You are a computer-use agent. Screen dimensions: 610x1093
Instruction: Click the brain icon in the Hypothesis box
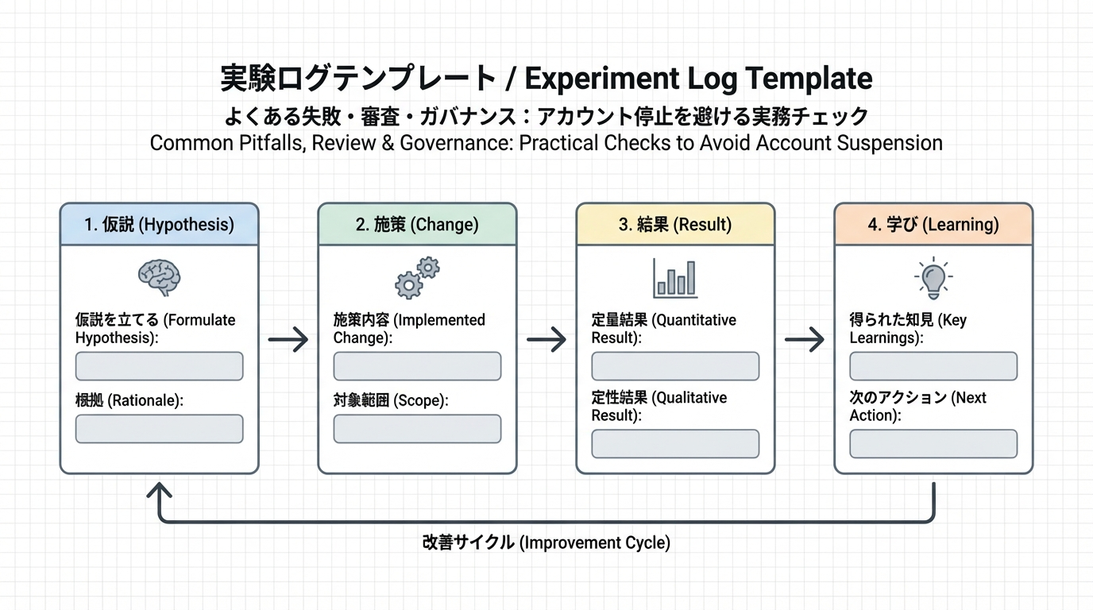coord(159,277)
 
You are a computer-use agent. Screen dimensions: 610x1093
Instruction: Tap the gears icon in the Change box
coord(418,277)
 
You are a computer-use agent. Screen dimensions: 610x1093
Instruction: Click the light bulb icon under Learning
coord(933,277)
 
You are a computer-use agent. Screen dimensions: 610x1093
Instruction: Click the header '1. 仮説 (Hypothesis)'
coord(159,225)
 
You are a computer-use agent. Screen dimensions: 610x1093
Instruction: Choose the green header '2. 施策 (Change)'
coord(417,225)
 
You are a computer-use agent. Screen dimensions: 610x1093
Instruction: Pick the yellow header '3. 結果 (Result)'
coord(675,225)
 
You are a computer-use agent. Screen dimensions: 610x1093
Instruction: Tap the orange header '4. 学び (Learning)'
coord(933,225)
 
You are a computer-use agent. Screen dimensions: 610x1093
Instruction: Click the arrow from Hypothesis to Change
coord(288,341)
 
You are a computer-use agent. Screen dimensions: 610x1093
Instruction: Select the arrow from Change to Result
coord(546,341)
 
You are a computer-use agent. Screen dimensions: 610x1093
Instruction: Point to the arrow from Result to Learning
coord(805,341)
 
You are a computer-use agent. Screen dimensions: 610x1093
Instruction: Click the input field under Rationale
coord(159,429)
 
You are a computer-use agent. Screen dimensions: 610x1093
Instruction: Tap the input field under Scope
coord(417,429)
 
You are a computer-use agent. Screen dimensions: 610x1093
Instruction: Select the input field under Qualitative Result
coord(675,444)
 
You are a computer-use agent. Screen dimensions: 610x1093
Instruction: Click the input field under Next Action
coord(933,444)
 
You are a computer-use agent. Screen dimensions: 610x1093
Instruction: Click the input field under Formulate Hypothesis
coord(159,367)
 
